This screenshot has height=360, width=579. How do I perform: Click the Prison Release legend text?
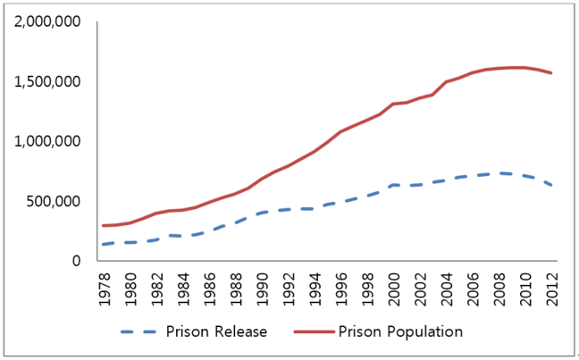(x=216, y=331)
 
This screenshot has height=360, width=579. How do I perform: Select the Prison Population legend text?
(x=400, y=331)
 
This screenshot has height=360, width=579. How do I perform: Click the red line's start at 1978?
(x=104, y=225)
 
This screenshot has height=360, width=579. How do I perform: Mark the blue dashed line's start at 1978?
(x=104, y=245)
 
